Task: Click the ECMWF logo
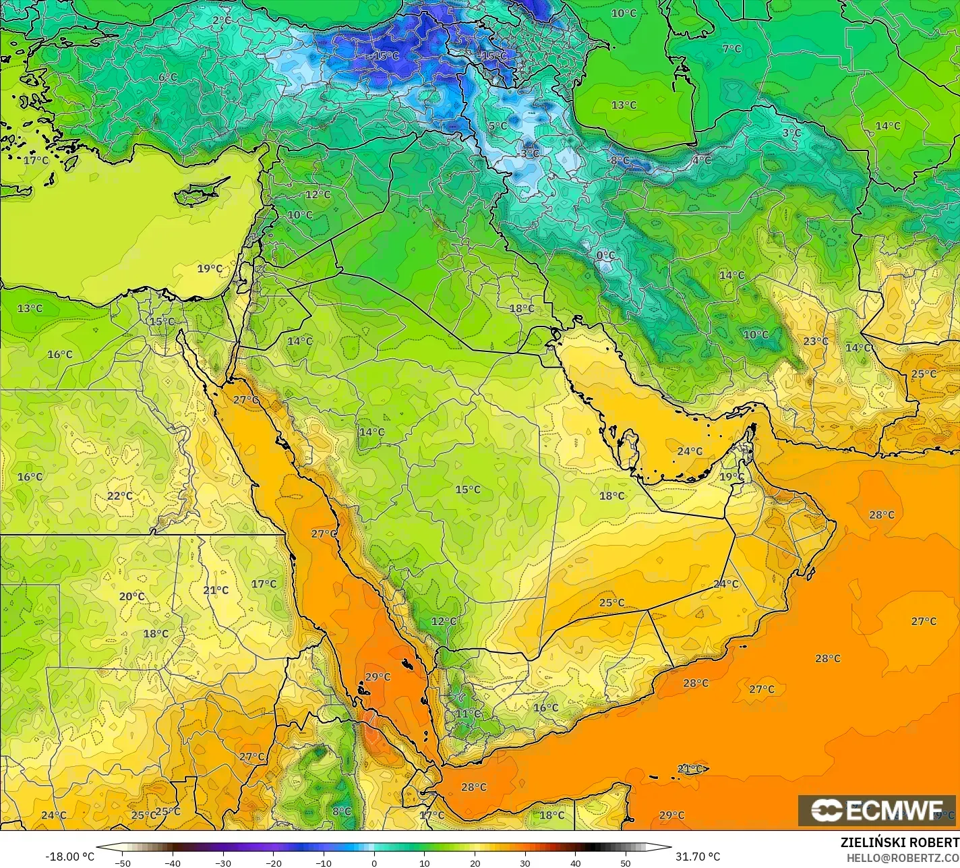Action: point(876,810)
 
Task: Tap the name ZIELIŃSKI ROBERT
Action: point(899,842)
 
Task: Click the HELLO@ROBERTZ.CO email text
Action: point(903,857)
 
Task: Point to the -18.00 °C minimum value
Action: point(69,857)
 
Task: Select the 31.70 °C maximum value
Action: point(698,857)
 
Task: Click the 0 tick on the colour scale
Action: point(374,863)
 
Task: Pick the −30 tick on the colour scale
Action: point(223,863)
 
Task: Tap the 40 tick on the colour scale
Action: point(575,863)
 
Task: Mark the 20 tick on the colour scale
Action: point(475,863)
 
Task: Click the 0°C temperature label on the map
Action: point(605,256)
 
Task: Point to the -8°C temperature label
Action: point(619,161)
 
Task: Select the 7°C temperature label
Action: point(731,49)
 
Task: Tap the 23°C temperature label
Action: point(815,341)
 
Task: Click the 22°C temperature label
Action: point(120,496)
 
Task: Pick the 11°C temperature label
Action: point(468,714)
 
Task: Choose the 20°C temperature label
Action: point(131,596)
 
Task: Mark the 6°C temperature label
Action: point(168,78)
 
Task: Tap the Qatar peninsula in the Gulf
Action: point(630,446)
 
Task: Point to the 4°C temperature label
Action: point(701,161)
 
